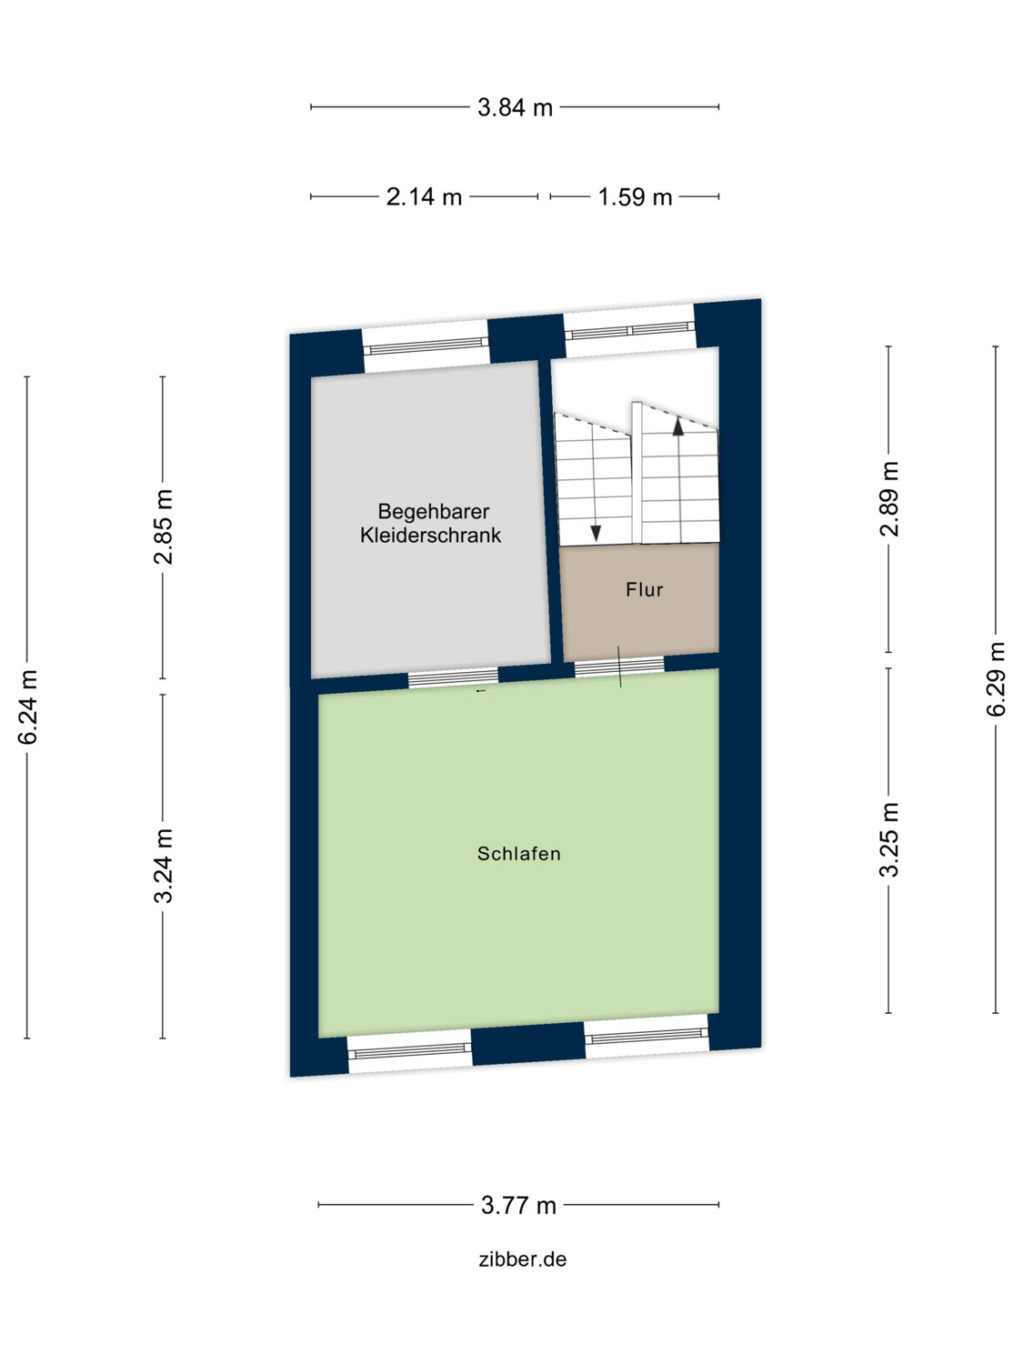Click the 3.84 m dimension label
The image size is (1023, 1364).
coord(515,107)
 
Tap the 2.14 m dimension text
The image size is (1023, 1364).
coord(424,196)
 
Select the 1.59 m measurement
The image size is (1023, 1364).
coord(635,196)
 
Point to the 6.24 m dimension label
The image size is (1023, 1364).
coord(28,707)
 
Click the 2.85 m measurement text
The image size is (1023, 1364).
coord(164,527)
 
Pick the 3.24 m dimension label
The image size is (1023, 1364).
coord(164,866)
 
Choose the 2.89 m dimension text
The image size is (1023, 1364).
coord(889,498)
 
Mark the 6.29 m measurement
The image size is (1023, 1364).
coord(997,679)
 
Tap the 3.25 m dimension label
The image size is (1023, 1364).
coord(889,839)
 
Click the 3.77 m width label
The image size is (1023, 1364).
coord(518,1206)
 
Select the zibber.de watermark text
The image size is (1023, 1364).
coord(523,1259)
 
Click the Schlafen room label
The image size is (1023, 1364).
coord(519,854)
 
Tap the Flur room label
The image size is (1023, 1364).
coord(645,590)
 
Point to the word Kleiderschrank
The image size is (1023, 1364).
coord(430,536)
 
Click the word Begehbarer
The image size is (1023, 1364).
coord(434,512)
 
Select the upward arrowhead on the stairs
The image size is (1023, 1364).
coord(677,426)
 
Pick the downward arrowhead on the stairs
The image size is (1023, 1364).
coord(596,533)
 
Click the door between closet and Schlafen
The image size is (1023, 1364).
coord(453,677)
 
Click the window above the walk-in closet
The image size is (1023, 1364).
coord(426,345)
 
